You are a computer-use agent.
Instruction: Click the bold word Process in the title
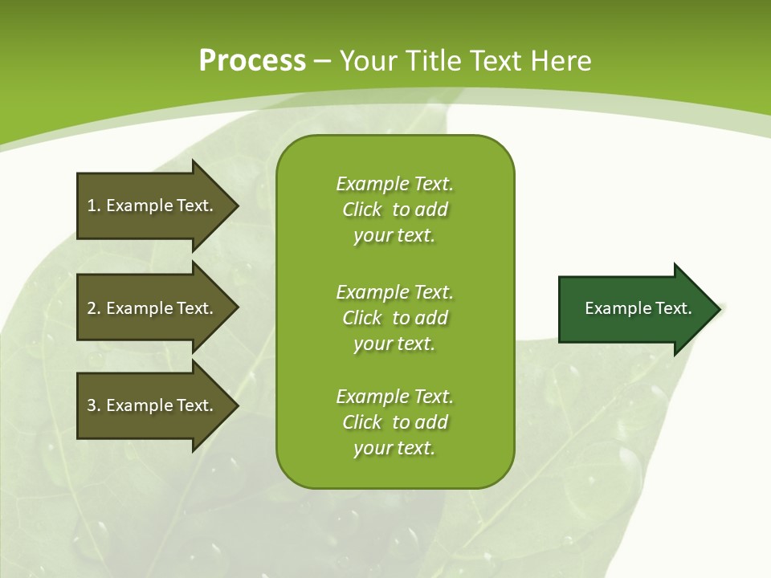point(252,61)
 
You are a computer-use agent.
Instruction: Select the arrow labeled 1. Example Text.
point(153,206)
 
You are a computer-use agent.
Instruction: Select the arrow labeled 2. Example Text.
point(153,308)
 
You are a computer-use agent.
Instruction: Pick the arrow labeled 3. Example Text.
point(153,405)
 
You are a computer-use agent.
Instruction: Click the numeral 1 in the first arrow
point(91,206)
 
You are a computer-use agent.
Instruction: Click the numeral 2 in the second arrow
point(92,308)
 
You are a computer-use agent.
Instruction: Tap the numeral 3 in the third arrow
point(92,405)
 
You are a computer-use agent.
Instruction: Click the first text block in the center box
point(394,210)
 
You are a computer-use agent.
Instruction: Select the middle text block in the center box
point(394,318)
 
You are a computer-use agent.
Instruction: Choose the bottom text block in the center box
point(394,422)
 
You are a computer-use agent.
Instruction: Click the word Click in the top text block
point(362,210)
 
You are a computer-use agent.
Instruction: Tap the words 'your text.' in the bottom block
point(394,448)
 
